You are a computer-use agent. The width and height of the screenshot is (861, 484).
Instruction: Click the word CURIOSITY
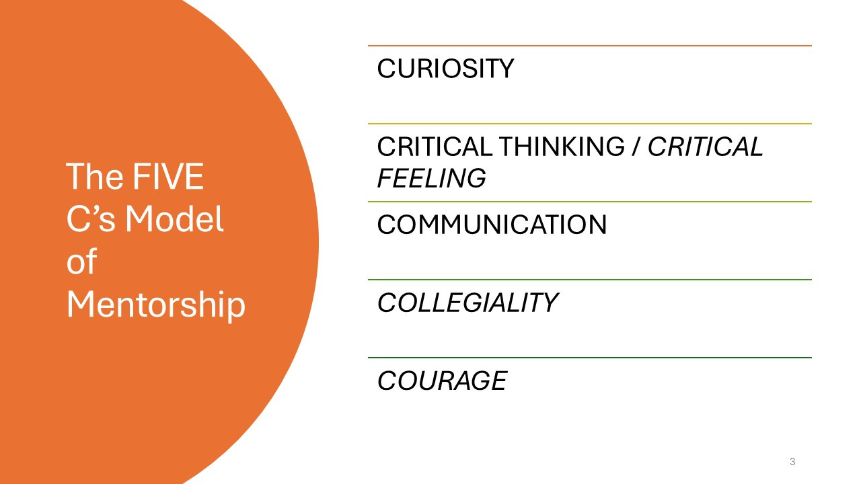445,69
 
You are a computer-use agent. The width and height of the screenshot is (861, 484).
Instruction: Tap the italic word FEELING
431,178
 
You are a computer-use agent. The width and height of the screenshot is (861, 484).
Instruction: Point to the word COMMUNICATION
492,225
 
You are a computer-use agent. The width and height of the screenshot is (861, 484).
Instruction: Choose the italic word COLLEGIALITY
467,302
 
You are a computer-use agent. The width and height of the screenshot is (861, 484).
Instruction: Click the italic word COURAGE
442,380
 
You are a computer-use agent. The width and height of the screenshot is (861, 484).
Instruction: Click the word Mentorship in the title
156,306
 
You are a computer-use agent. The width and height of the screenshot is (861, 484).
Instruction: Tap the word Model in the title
182,220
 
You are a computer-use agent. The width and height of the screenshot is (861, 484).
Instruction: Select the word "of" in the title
81,263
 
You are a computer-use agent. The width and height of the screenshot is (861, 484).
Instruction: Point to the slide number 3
792,461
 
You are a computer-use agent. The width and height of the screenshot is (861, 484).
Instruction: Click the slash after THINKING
634,147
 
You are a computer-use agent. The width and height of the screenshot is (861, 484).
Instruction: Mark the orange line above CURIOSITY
589,46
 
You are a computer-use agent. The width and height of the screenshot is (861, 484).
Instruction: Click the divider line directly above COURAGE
589,358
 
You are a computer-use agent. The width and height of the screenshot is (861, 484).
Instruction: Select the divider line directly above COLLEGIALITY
589,280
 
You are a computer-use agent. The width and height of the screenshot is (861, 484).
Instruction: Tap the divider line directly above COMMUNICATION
589,202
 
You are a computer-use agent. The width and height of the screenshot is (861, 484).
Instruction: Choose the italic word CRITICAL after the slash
705,147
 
